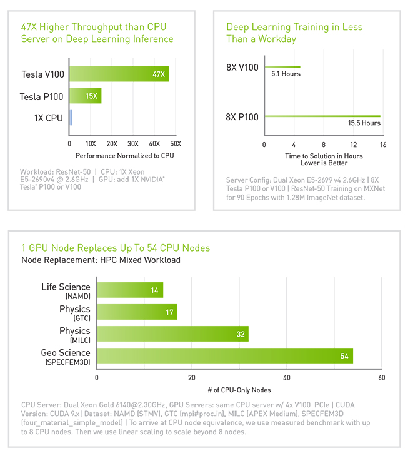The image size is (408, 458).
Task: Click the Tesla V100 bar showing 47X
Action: pyautogui.click(x=119, y=74)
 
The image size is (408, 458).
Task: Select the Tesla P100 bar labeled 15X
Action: pyautogui.click(x=85, y=96)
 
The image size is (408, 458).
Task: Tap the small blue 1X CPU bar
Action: pyautogui.click(x=71, y=118)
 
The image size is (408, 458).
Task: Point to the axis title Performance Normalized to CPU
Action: pyautogui.click(x=125, y=155)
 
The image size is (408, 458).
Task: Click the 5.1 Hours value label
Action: pyautogui.click(x=286, y=74)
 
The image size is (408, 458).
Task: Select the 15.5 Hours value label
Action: pyautogui.click(x=364, y=123)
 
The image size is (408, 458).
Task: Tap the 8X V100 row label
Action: pyautogui.click(x=242, y=67)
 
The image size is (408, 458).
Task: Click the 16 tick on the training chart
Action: pyautogui.click(x=382, y=145)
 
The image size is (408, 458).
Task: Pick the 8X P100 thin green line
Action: pyautogui.click(x=322, y=116)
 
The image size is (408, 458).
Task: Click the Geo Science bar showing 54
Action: pyautogui.click(x=225, y=355)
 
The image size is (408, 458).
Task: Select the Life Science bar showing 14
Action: pyautogui.click(x=130, y=290)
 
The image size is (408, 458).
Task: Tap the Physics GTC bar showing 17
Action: pyautogui.click(x=137, y=312)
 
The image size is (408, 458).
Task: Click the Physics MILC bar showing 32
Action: pyautogui.click(x=172, y=333)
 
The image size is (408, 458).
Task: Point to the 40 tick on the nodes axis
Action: pyautogui.click(x=287, y=378)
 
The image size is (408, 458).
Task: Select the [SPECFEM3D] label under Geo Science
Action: pyautogui.click(x=67, y=362)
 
